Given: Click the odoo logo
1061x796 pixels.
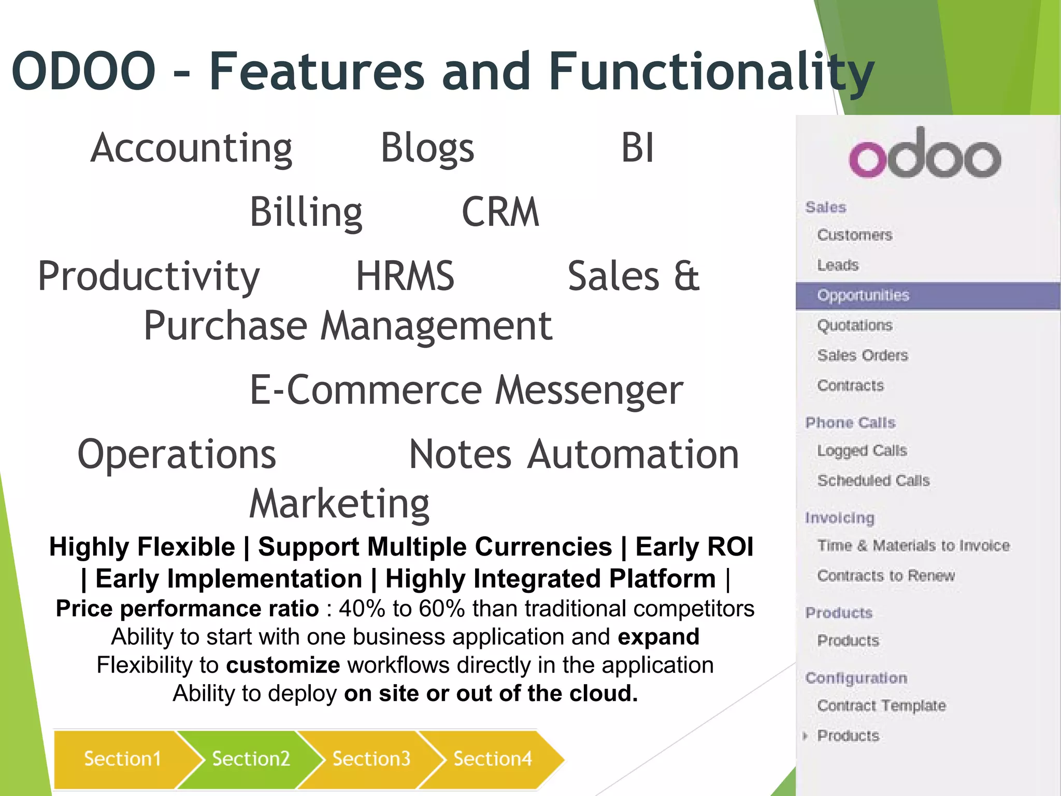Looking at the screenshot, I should tap(925, 154).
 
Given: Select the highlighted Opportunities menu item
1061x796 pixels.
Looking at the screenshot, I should tap(863, 295).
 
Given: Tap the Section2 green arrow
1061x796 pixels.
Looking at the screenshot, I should tap(251, 759).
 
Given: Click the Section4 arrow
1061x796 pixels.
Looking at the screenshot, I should tap(492, 759).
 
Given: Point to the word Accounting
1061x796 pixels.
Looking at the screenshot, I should tap(191, 148).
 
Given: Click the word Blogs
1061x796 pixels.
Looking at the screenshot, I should tap(427, 148).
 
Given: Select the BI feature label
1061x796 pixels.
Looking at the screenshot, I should tap(637, 148).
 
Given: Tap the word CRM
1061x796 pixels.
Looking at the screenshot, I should tap(500, 212).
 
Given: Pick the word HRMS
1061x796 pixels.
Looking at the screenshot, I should tap(405, 276).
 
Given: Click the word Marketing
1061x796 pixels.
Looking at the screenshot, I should tap(339, 504).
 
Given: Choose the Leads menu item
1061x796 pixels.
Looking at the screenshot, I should tap(838, 265).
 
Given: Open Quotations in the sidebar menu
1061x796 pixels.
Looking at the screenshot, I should tap(855, 325).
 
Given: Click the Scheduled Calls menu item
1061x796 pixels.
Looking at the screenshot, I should tap(873, 480).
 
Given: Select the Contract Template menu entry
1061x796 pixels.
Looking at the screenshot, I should tap(881, 705).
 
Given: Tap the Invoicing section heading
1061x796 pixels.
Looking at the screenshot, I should tap(840, 518).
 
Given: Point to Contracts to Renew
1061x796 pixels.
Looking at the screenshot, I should tap(886, 576).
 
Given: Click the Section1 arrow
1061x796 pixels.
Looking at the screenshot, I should tap(122, 759).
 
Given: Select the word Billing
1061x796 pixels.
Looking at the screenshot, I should tap(306, 212).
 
